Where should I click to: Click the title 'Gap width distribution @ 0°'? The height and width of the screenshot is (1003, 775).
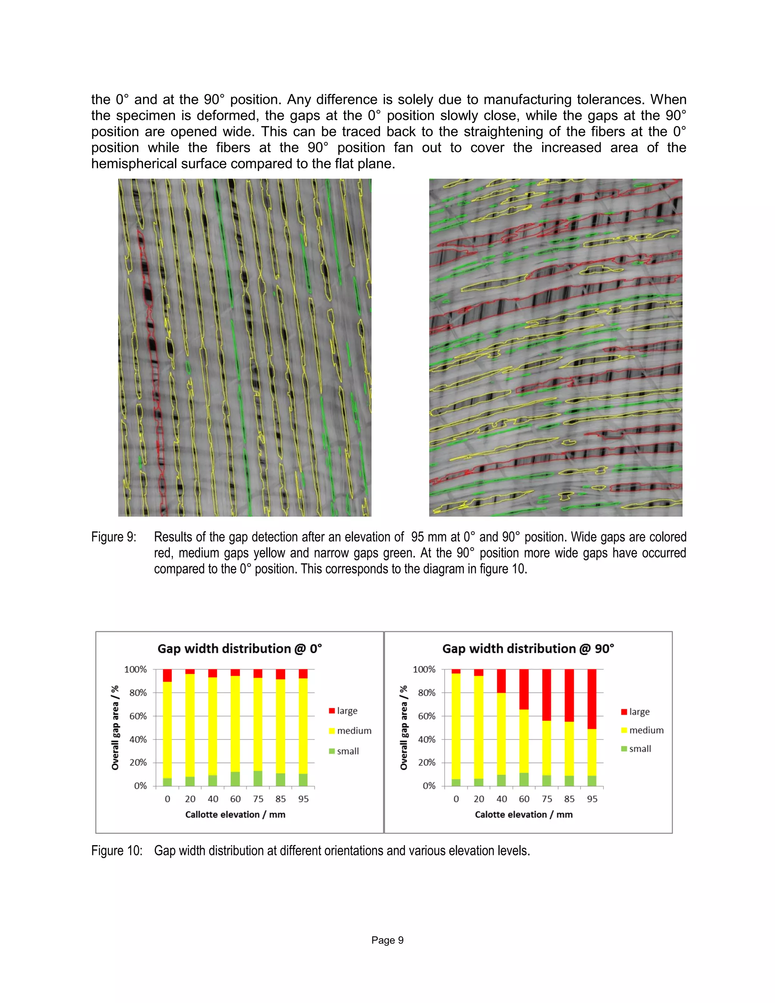pos(240,648)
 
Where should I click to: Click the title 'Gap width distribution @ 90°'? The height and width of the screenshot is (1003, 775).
pos(528,648)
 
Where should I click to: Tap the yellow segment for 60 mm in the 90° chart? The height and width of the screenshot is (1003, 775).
pos(524,741)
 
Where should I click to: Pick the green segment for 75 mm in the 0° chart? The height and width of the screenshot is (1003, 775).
pos(258,779)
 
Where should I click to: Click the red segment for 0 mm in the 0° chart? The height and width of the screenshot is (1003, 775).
pos(168,675)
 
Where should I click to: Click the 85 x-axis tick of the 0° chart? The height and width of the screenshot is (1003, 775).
pos(280,799)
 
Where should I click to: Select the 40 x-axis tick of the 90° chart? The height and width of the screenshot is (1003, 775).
pos(501,799)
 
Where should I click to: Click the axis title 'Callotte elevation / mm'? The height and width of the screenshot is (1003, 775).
pos(235,814)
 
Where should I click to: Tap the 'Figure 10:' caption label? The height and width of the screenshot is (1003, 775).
pos(117,850)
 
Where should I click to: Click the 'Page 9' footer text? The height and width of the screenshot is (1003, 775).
pos(387,940)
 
